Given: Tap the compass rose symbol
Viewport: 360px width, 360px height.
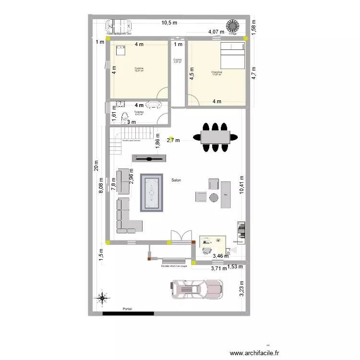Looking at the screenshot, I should pyautogui.click(x=102, y=299).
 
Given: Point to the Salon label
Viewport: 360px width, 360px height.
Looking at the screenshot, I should pyautogui.click(x=176, y=180).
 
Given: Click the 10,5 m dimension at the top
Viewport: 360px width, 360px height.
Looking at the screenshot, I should pyautogui.click(x=169, y=23).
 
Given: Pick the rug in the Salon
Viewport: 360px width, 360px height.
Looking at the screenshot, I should pyautogui.click(x=152, y=192).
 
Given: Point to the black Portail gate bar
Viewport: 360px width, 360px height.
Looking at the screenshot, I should pyautogui.click(x=128, y=314).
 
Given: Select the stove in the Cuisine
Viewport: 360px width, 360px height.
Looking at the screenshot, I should pyautogui.click(x=120, y=49).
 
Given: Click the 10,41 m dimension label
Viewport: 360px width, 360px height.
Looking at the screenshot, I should pyautogui.click(x=241, y=185).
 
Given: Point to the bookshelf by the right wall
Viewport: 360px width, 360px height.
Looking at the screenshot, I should pyautogui.click(x=241, y=230).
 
